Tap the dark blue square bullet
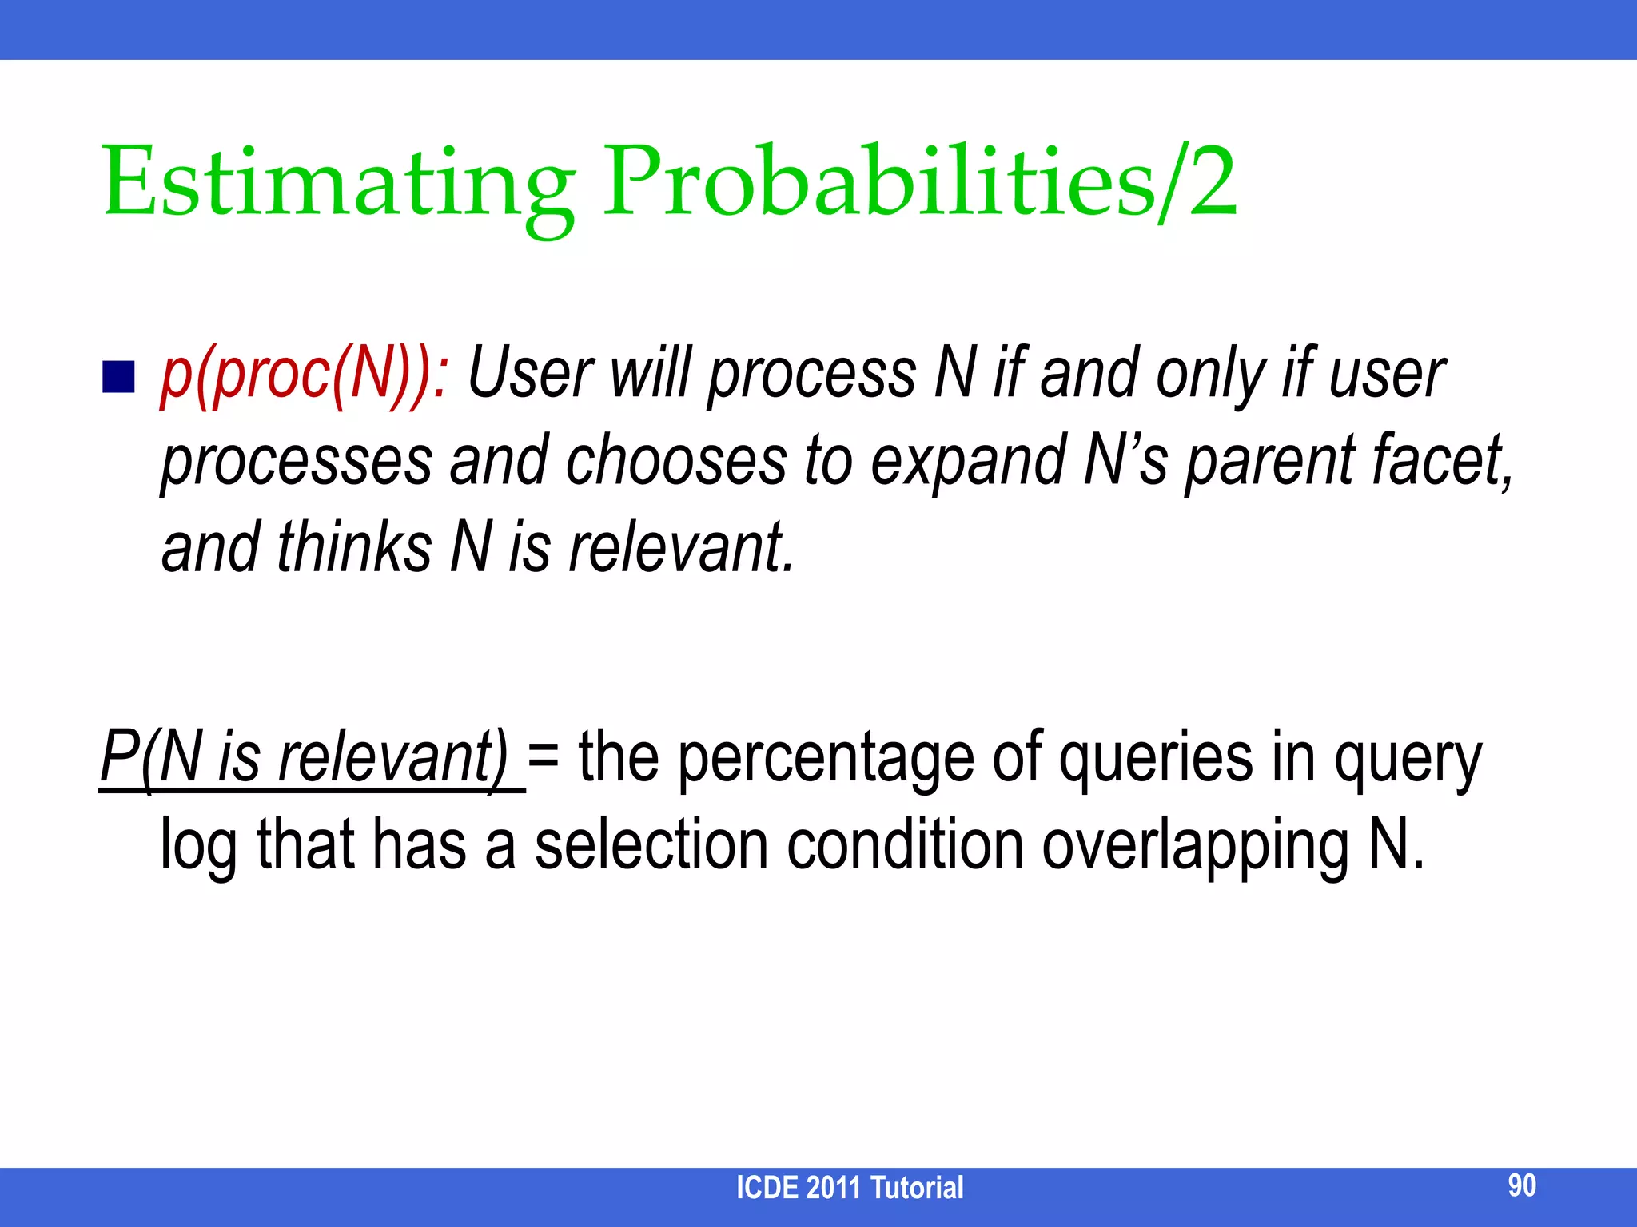(118, 377)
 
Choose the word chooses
(676, 462)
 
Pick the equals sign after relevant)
(544, 759)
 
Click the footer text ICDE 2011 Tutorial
(849, 1188)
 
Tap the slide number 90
(1521, 1185)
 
